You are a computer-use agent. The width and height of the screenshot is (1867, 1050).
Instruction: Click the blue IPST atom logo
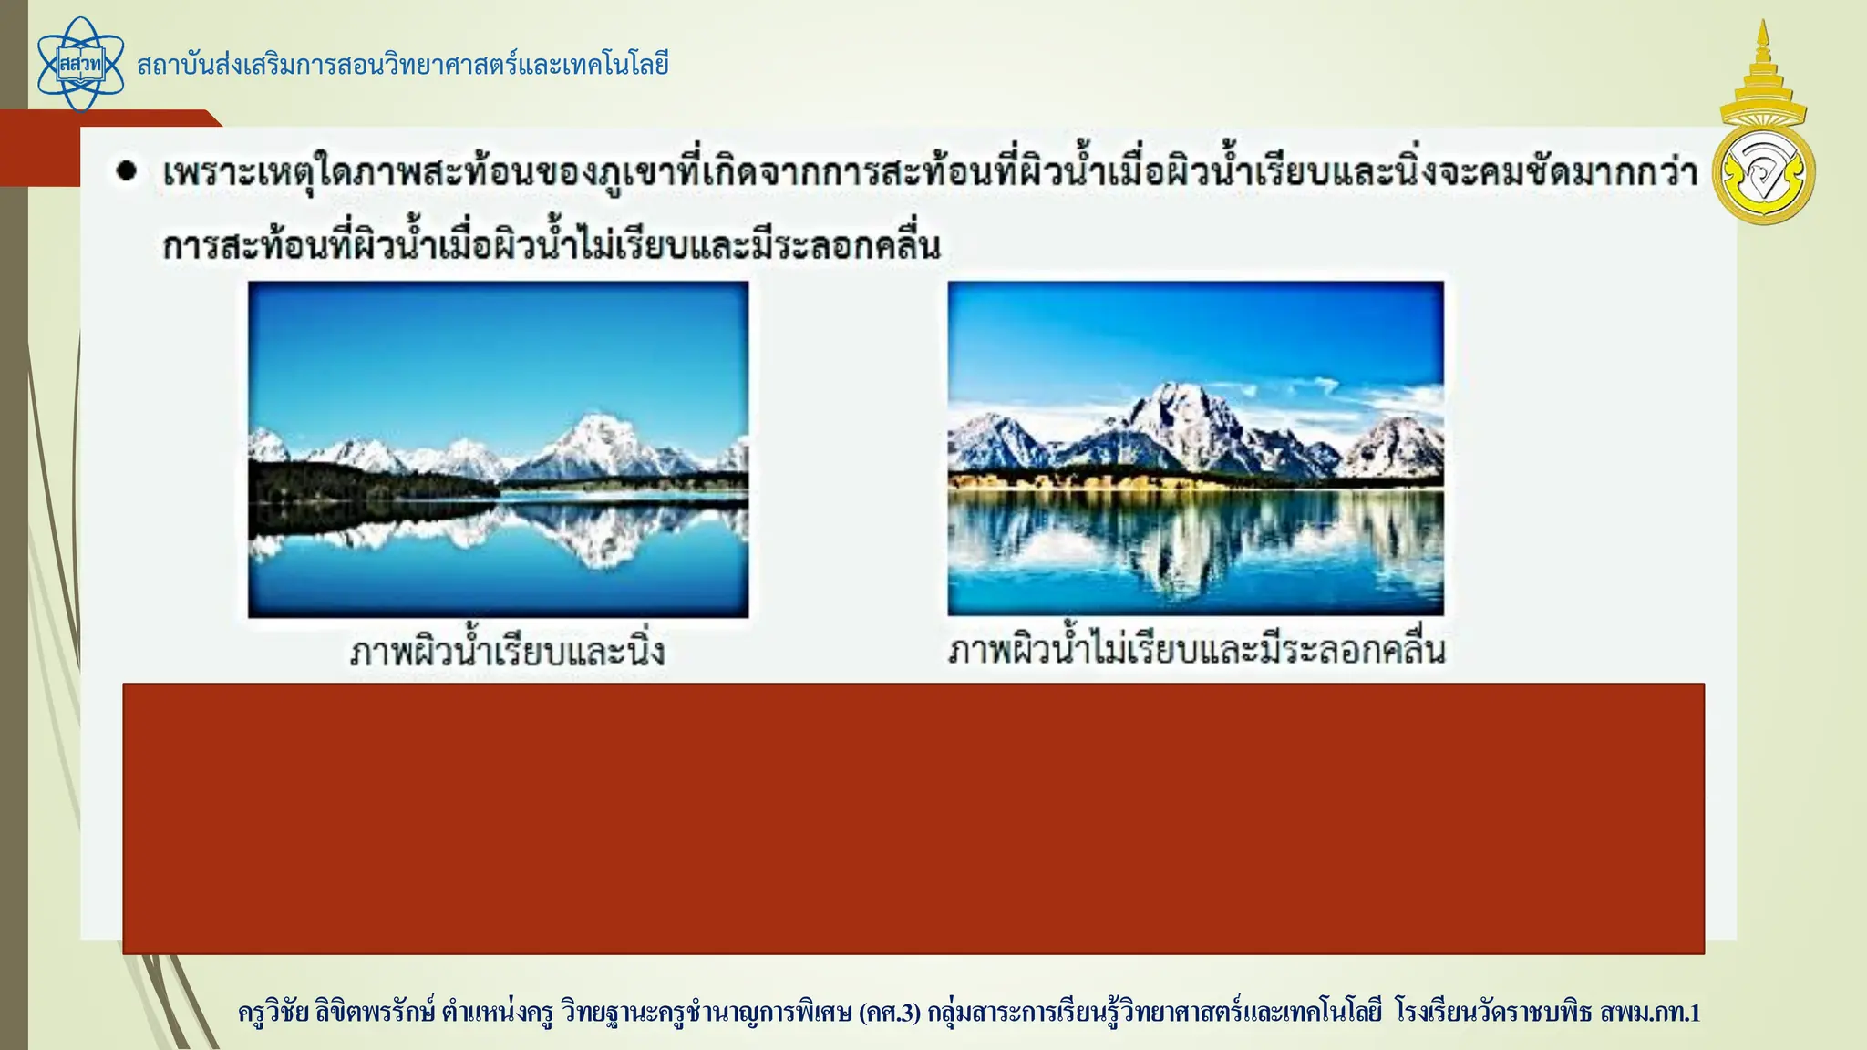80,64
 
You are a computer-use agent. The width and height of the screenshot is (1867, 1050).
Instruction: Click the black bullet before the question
127,170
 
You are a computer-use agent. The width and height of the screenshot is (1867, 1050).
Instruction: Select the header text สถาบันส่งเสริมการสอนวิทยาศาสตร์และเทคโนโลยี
403,66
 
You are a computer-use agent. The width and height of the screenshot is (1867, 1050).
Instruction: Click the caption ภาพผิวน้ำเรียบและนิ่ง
508,652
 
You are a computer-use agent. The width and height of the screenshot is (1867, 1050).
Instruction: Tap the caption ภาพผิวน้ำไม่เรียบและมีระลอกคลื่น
1196,650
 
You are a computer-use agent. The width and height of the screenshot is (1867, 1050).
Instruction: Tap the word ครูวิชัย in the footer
273,1013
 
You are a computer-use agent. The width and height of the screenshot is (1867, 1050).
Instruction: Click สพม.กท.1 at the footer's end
1649,1013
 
